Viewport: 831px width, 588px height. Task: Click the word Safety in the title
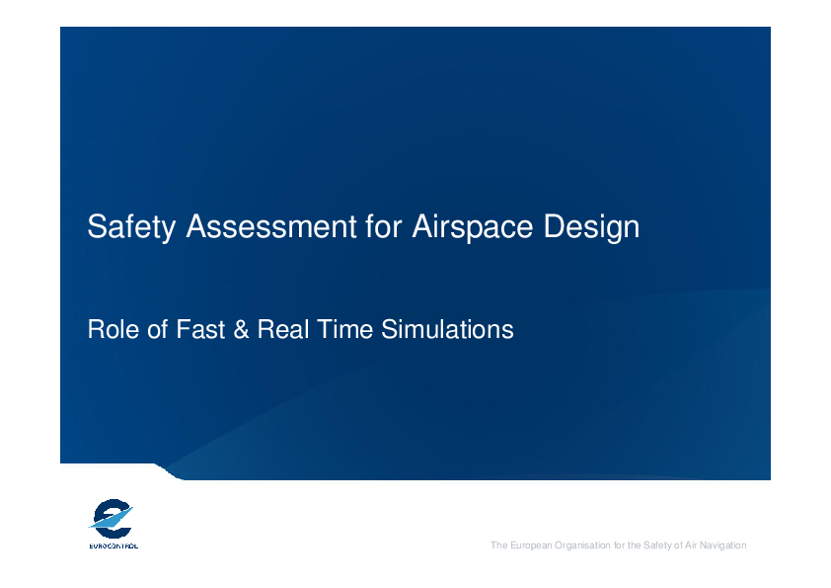tap(131, 227)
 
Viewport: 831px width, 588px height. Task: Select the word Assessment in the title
tap(270, 226)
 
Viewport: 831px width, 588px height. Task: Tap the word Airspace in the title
tap(472, 227)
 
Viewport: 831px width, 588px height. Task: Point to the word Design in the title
tap(591, 227)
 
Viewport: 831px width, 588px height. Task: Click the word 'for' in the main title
tap(384, 226)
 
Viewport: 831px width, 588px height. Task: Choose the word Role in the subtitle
tap(113, 329)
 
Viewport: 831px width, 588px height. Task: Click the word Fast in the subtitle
tap(200, 329)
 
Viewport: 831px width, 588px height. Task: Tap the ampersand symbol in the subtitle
tap(241, 329)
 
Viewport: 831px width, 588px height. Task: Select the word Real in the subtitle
tap(283, 329)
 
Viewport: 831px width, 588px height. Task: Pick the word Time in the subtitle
tap(345, 329)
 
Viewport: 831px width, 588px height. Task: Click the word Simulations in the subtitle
tap(447, 329)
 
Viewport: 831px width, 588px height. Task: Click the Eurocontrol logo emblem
tap(112, 519)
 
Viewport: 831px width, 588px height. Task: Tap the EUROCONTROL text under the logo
tap(113, 546)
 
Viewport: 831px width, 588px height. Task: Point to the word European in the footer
tap(531, 546)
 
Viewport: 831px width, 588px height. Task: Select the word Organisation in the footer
tap(582, 546)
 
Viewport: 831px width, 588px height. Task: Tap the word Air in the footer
tap(691, 546)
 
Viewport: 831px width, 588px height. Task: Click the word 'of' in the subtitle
tap(157, 329)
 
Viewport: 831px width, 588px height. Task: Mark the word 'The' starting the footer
tap(499, 546)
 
